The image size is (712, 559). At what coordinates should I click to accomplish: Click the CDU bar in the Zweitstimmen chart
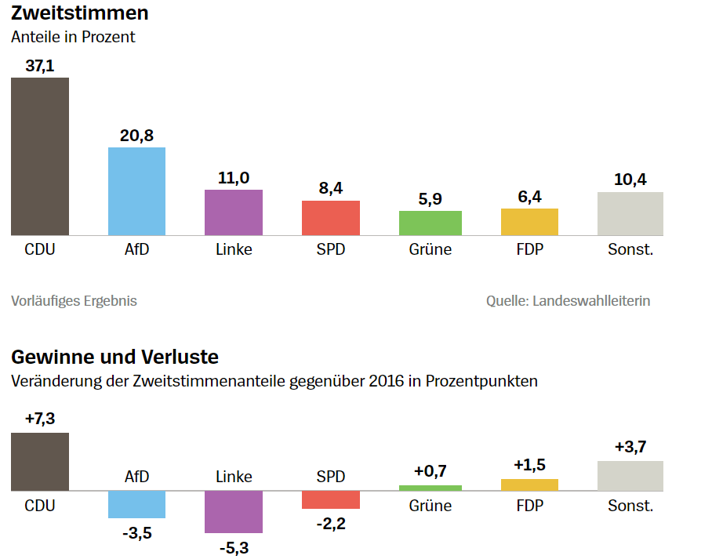(x=40, y=156)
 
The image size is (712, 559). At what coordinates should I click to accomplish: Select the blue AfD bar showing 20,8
(x=136, y=191)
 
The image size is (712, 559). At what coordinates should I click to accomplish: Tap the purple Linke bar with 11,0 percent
(x=234, y=212)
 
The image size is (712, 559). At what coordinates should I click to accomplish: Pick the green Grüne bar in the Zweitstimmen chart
(x=430, y=223)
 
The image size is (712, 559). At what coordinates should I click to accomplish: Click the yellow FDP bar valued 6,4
(x=529, y=222)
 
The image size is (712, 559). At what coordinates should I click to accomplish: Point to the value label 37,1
(x=40, y=66)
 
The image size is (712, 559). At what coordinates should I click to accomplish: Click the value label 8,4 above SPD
(x=331, y=188)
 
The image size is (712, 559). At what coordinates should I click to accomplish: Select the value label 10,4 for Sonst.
(x=630, y=180)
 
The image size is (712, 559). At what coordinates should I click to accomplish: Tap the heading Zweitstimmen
(x=80, y=13)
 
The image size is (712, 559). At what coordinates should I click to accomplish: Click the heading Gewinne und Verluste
(x=114, y=358)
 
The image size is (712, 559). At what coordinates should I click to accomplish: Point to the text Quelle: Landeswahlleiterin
(x=568, y=300)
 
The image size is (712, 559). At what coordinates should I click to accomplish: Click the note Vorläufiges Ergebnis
(x=74, y=300)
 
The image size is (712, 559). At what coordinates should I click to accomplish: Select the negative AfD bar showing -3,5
(x=136, y=504)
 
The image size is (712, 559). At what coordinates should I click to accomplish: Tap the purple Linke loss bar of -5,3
(x=234, y=512)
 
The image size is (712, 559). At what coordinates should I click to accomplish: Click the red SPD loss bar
(x=331, y=499)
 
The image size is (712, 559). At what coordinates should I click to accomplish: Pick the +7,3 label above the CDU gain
(x=40, y=419)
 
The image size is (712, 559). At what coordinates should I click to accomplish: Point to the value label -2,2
(x=331, y=523)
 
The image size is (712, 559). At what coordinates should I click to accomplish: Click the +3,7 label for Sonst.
(x=630, y=448)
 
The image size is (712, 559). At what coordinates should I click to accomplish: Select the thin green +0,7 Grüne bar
(x=430, y=488)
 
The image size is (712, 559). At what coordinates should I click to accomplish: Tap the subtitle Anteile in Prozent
(x=73, y=37)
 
